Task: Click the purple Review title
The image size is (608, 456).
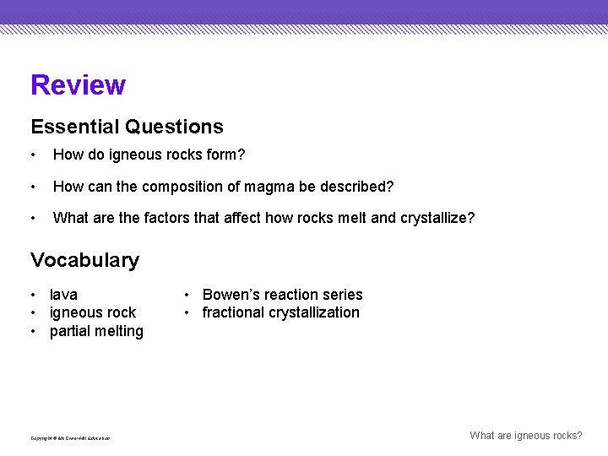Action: click(x=78, y=85)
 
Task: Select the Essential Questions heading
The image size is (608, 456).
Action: click(x=127, y=127)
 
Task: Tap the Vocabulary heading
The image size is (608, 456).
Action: click(x=84, y=260)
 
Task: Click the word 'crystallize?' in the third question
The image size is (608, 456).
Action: click(x=437, y=218)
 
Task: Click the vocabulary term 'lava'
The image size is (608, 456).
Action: click(x=63, y=295)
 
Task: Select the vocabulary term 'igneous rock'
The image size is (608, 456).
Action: click(x=92, y=312)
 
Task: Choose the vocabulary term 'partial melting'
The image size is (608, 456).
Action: click(x=96, y=331)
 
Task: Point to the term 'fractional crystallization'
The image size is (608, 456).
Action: click(x=280, y=312)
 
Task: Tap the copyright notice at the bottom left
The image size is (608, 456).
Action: click(x=70, y=438)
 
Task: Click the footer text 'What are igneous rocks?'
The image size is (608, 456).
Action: click(x=525, y=436)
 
